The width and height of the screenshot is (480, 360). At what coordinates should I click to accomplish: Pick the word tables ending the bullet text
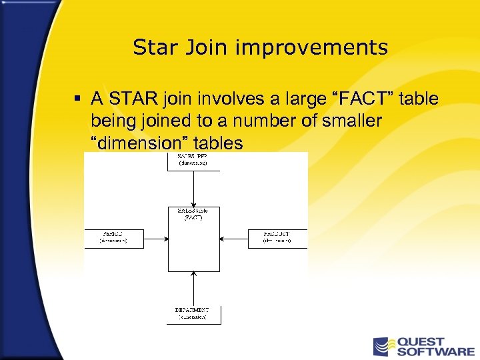[219, 143]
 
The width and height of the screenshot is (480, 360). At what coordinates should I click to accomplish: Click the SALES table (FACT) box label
[193, 214]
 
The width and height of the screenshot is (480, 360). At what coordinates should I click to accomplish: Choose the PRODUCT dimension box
[277, 238]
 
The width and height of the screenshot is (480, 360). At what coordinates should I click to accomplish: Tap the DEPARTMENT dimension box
[193, 314]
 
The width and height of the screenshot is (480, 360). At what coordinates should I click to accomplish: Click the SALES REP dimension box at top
[193, 161]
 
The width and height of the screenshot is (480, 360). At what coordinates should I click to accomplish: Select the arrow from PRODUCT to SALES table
[233, 238]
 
